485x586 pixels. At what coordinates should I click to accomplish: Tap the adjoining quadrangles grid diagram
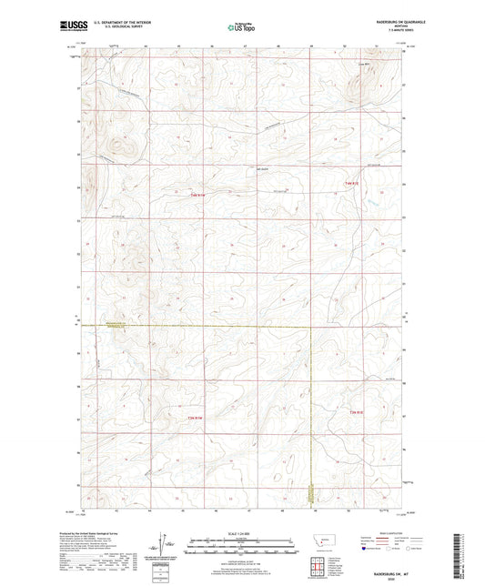324,562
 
